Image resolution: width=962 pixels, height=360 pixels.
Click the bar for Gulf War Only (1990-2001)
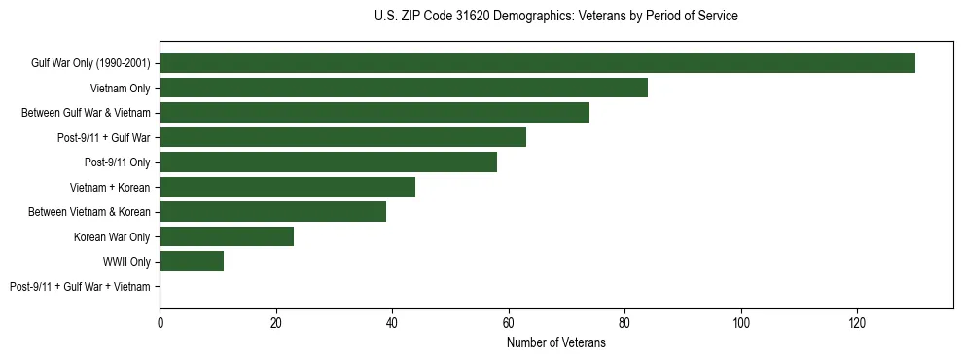click(x=537, y=63)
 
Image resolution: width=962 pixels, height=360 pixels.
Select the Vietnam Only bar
click(x=404, y=89)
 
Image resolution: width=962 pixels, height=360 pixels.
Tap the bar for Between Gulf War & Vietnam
click(x=374, y=113)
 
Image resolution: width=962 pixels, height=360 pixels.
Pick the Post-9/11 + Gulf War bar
click(x=342, y=137)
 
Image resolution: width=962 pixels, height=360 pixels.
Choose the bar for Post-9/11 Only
click(x=328, y=162)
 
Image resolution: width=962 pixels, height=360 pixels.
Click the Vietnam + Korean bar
click(x=287, y=187)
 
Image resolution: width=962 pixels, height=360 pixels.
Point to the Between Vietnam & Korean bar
click(x=272, y=212)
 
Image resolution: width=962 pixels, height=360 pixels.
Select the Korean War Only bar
click(x=227, y=236)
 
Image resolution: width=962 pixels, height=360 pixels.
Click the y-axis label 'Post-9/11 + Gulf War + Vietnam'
click(x=80, y=287)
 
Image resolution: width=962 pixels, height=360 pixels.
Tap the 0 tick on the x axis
click(x=160, y=322)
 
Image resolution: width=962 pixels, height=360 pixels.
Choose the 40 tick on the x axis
click(x=392, y=322)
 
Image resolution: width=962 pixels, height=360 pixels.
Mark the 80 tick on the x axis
click(x=624, y=322)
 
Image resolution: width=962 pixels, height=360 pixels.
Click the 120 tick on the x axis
click(x=857, y=322)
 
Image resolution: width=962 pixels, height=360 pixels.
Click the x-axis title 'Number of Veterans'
click(x=555, y=343)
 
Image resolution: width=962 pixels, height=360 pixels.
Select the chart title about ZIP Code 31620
click(x=555, y=17)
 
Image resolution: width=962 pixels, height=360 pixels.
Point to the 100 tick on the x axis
click(x=741, y=322)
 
